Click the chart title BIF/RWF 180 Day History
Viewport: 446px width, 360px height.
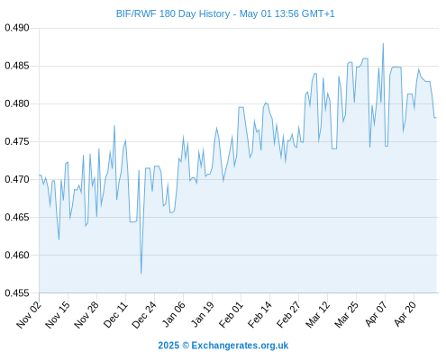click(173, 13)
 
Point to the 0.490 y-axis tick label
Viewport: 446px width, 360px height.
click(17, 28)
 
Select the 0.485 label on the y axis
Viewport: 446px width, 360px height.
click(17, 66)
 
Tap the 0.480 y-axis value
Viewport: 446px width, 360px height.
click(17, 103)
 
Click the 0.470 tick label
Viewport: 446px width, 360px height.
click(17, 179)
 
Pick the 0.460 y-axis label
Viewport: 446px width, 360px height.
click(17, 255)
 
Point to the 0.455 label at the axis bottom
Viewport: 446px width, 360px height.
click(17, 292)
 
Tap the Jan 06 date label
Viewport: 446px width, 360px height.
click(173, 314)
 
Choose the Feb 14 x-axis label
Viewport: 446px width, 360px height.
click(259, 314)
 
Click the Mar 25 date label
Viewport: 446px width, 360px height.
click(346, 314)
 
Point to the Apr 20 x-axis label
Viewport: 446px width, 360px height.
click(405, 314)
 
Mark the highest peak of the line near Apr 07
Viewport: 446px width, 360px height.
click(383, 44)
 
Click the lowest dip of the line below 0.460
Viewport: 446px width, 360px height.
click(141, 274)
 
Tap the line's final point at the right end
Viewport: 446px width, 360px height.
click(436, 118)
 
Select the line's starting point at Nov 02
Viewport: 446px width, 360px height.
click(39, 175)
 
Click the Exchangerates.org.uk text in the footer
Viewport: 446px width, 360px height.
click(240, 346)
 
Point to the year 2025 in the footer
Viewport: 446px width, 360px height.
click(168, 346)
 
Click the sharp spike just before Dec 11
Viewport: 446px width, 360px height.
click(114, 126)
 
